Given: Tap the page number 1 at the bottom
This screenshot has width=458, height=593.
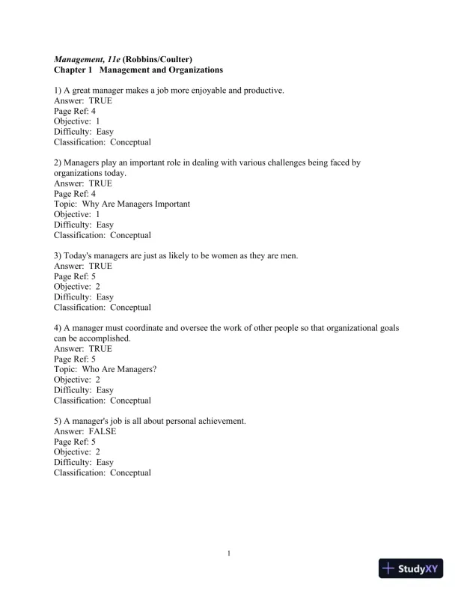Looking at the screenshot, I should [x=229, y=554].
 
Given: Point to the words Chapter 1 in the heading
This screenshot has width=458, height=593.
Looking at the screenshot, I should [x=73, y=70].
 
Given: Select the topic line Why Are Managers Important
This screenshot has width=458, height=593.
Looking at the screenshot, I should [x=122, y=204].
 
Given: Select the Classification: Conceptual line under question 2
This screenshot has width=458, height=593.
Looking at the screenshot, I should [x=103, y=235].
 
